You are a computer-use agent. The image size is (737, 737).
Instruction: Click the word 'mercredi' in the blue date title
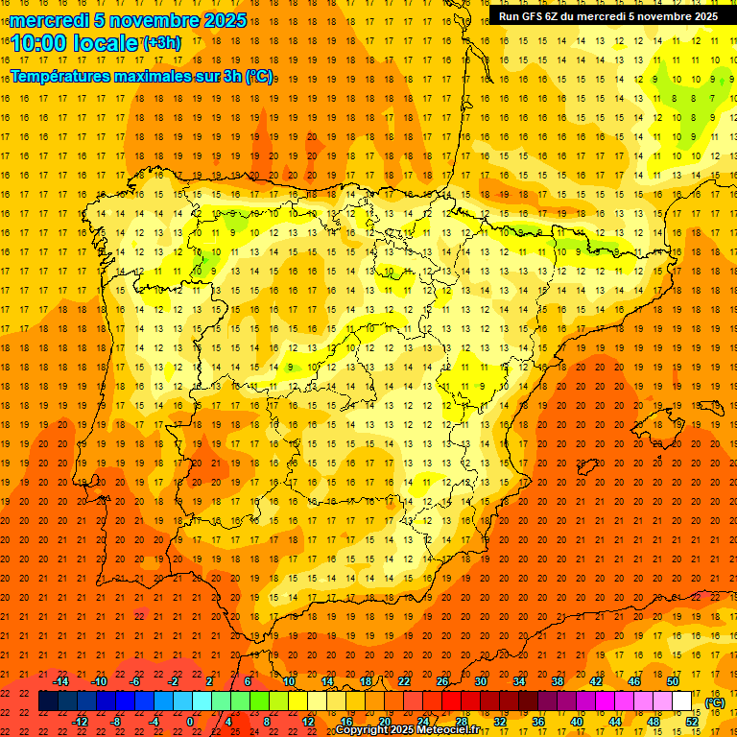click(x=49, y=20)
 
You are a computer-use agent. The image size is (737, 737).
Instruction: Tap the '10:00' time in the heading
click(x=39, y=42)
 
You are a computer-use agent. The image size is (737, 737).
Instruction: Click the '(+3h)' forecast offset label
click(x=160, y=42)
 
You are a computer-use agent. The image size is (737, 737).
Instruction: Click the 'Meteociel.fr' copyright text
click(x=447, y=730)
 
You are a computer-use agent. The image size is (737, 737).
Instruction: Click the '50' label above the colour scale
click(x=673, y=681)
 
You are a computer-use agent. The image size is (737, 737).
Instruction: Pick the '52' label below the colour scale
click(x=692, y=722)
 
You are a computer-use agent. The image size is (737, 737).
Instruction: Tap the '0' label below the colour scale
click(x=191, y=722)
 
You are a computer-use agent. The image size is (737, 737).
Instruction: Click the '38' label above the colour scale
click(x=557, y=681)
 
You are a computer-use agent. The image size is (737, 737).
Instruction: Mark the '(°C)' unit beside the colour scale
click(x=714, y=702)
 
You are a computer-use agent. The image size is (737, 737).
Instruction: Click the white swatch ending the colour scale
click(x=682, y=701)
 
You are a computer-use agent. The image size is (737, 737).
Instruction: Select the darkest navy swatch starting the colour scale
click(x=48, y=701)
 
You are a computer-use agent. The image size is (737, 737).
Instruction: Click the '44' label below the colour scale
click(x=615, y=722)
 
